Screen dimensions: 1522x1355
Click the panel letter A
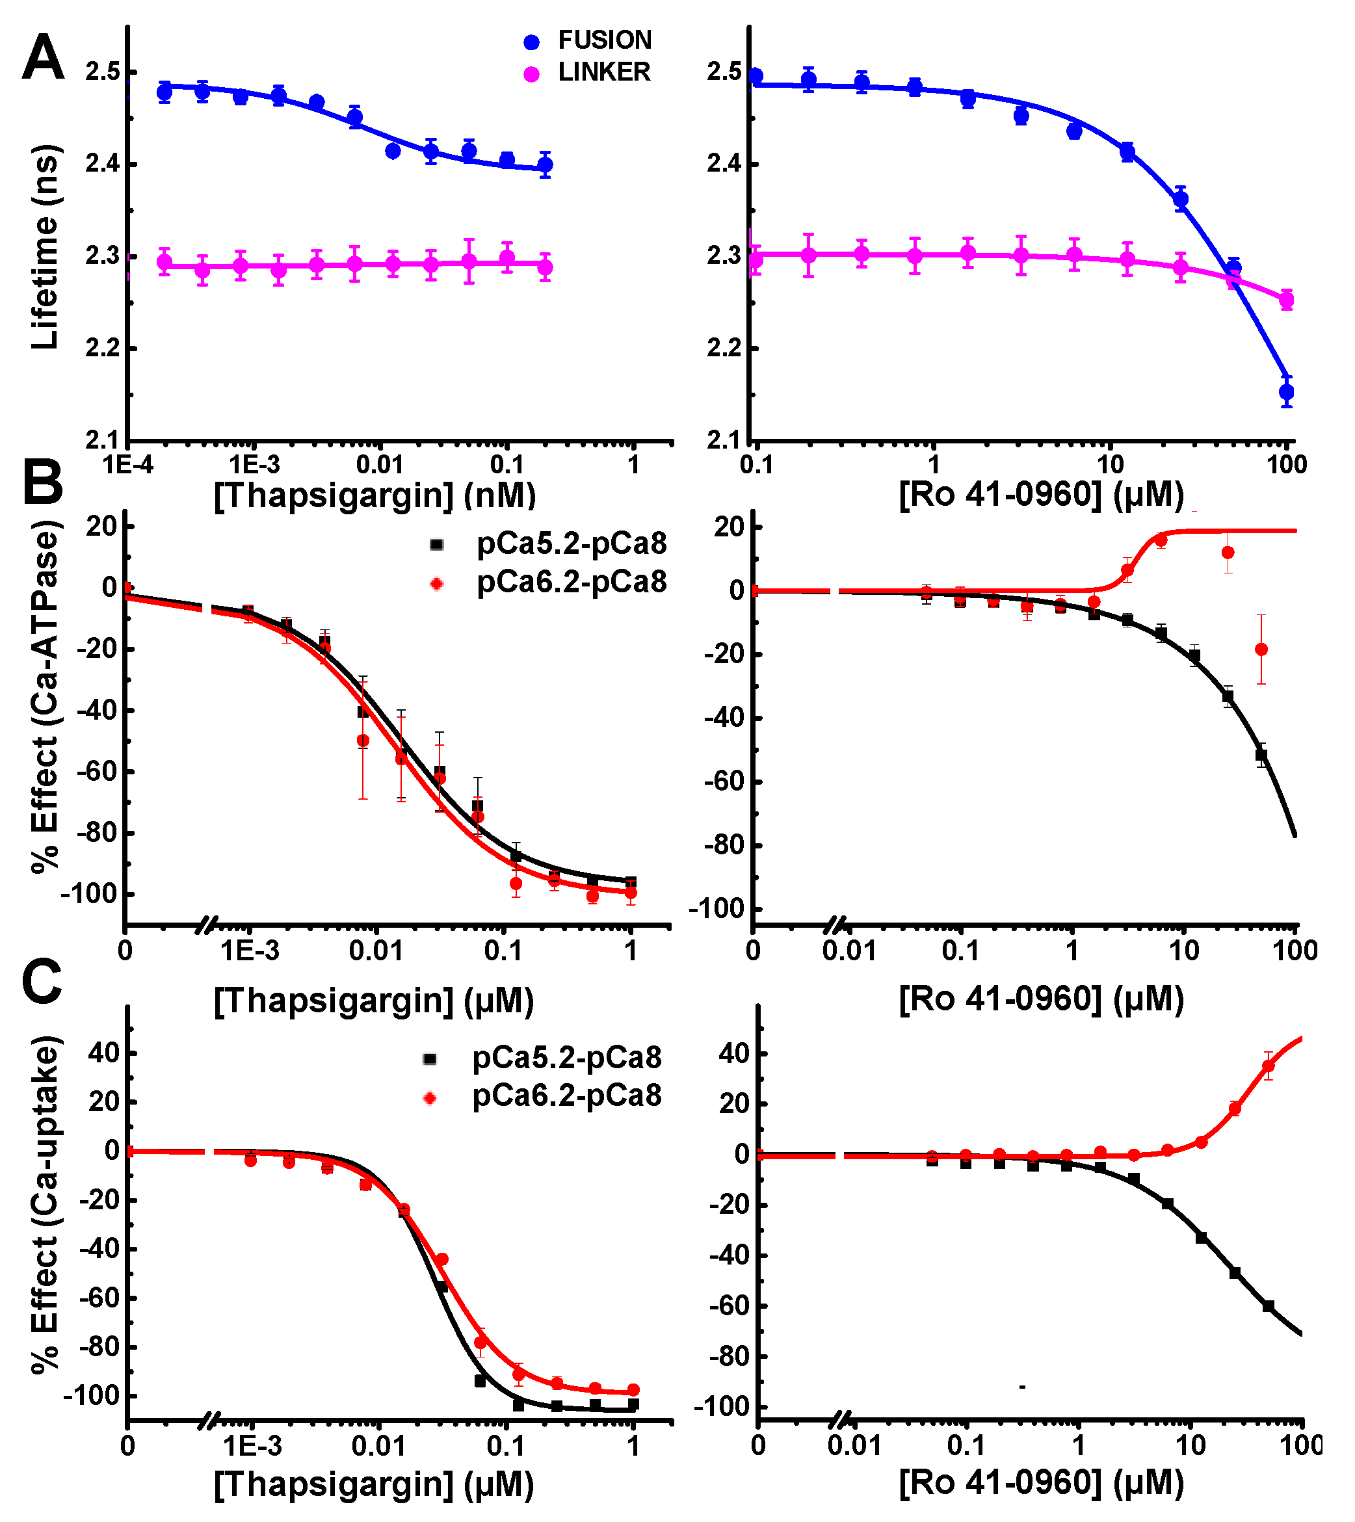pyautogui.click(x=42, y=58)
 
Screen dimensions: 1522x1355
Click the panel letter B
pyautogui.click(x=42, y=482)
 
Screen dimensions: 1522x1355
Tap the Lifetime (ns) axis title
pyautogui.click(x=45, y=247)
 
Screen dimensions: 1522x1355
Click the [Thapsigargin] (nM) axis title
pyautogui.click(x=375, y=495)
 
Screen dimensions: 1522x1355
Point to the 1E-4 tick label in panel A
pyautogui.click(x=127, y=465)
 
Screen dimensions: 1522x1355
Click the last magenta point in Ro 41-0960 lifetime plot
pyautogui.click(x=1287, y=300)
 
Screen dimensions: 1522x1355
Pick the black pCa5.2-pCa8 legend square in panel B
pyautogui.click(x=437, y=545)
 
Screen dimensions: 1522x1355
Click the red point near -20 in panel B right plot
pyautogui.click(x=1261, y=649)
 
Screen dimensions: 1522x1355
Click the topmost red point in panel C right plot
pyautogui.click(x=1268, y=1066)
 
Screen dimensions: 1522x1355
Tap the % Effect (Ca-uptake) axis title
pyautogui.click(x=45, y=1206)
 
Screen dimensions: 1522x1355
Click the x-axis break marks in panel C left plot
pyautogui.click(x=209, y=1421)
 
